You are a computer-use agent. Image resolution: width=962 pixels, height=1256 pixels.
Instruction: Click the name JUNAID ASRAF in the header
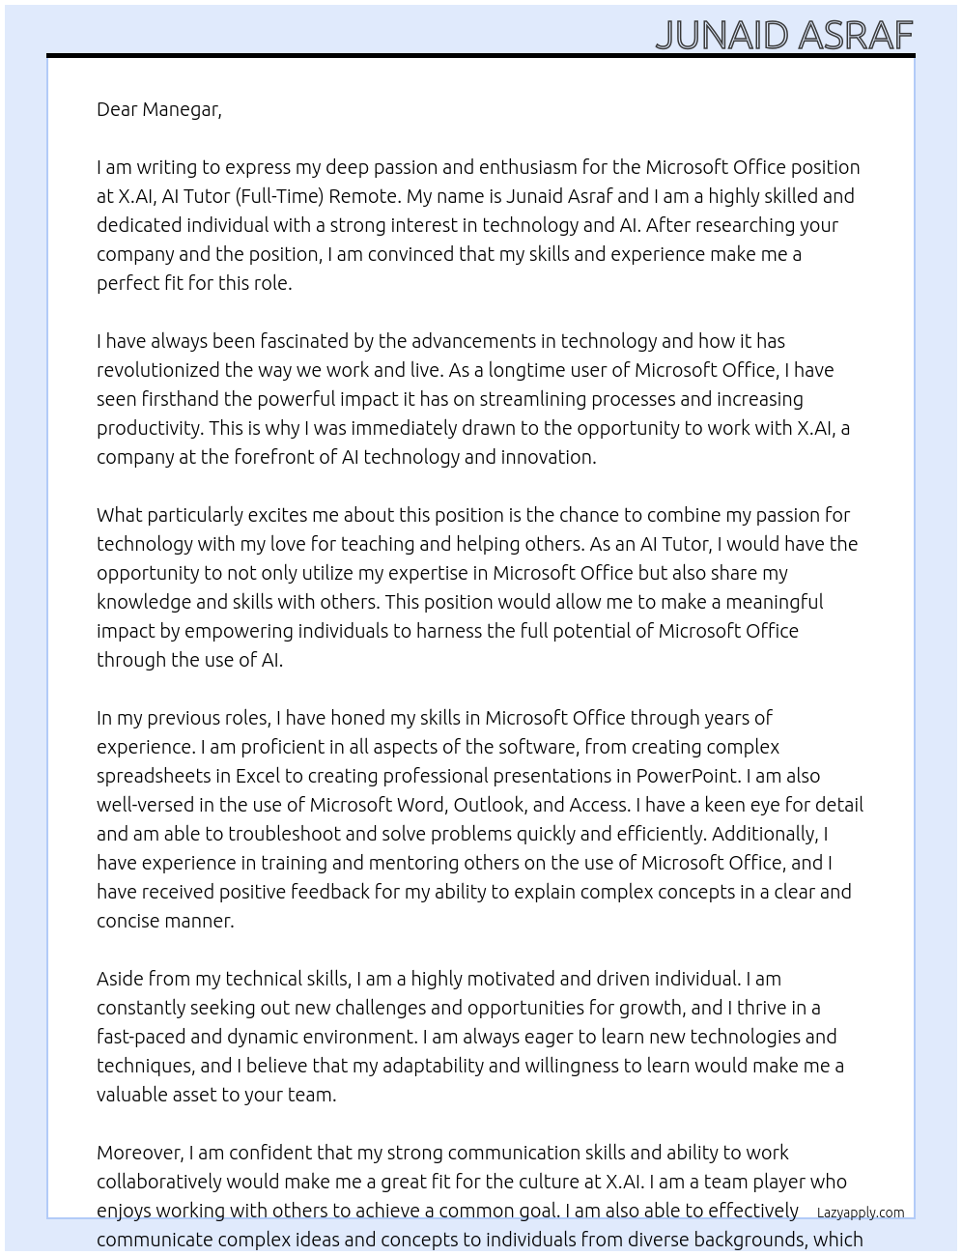click(x=783, y=36)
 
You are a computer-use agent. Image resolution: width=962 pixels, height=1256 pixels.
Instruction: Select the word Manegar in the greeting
click(x=182, y=109)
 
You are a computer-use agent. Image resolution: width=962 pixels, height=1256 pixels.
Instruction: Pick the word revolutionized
click(x=158, y=370)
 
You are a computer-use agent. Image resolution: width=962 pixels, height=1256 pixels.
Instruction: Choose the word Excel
click(x=257, y=776)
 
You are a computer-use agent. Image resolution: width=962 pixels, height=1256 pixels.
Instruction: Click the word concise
click(x=127, y=921)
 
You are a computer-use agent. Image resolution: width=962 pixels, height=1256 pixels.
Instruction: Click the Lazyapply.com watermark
click(x=861, y=1213)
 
